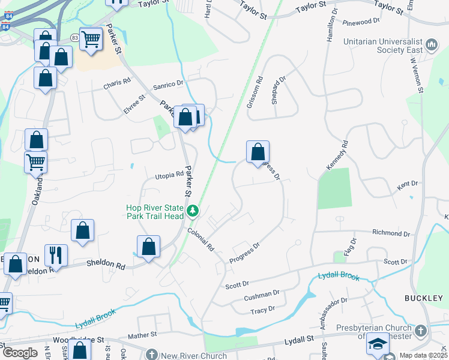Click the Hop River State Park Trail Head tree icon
[193, 211]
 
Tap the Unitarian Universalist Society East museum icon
[432, 45]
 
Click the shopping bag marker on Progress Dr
[258, 152]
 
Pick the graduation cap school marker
[378, 344]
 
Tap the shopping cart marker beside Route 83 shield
[91, 39]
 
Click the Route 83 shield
[74, 37]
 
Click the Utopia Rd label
[169, 175]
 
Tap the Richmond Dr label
[391, 233]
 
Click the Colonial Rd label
[200, 238]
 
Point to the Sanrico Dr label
[167, 85]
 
